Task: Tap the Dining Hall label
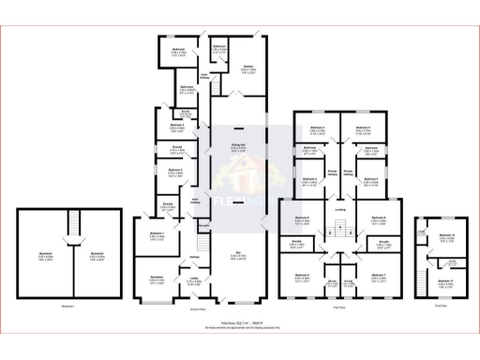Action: (238, 144)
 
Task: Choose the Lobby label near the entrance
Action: (193, 278)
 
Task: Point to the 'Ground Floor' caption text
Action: (197, 308)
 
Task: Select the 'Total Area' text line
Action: (239, 322)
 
